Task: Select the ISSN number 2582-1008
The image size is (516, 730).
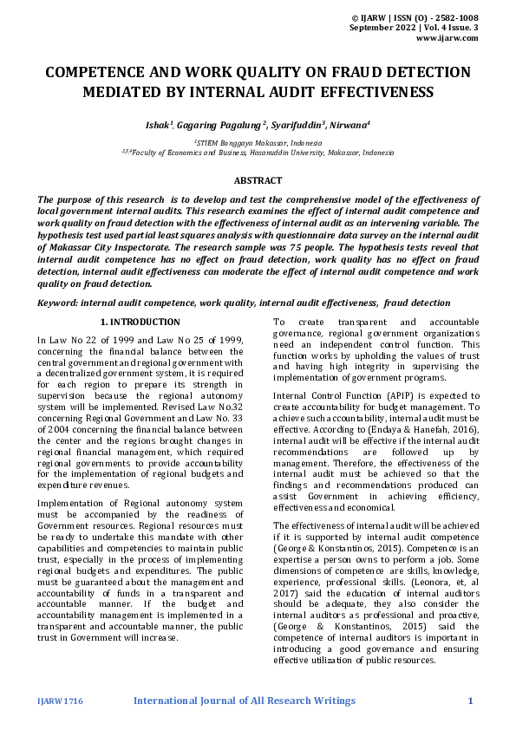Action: pos(453,17)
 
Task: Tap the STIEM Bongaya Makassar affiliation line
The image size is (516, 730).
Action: pos(258,142)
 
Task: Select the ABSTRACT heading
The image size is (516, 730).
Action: pos(258,180)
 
